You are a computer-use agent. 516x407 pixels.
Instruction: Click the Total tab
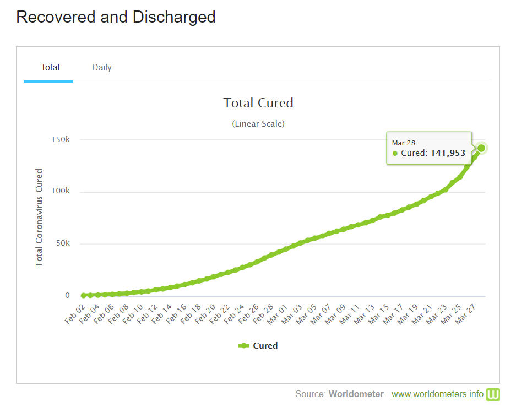50,67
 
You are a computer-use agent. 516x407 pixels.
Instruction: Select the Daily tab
102,67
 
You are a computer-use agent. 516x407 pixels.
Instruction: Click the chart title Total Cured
258,103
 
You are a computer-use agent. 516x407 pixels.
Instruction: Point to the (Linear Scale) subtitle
258,124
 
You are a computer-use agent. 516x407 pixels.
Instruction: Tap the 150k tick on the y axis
61,139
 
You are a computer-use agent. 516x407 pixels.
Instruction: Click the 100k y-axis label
61,191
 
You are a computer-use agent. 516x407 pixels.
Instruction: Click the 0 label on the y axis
68,295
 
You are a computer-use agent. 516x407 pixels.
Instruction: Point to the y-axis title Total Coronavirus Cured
39,218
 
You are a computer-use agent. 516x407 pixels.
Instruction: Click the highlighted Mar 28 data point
481,148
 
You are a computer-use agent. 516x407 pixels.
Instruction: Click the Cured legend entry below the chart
258,346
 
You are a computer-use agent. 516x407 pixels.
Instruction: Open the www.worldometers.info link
437,394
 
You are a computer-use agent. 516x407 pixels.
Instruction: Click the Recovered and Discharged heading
116,17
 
